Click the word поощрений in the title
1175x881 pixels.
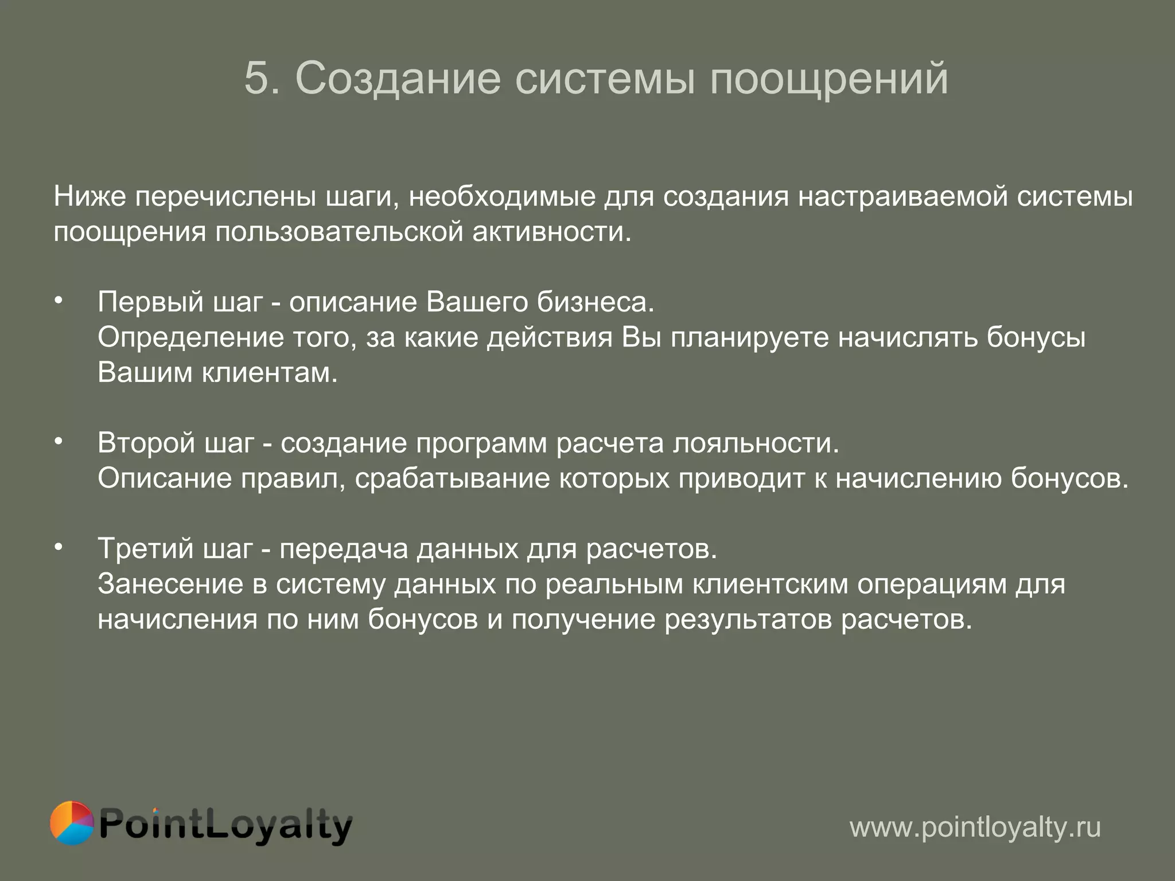828,79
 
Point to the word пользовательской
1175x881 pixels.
339,232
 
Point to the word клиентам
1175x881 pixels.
270,373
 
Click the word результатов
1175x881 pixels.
748,620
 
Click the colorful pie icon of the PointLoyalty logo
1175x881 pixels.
72,823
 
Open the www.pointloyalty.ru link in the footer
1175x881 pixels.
975,828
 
